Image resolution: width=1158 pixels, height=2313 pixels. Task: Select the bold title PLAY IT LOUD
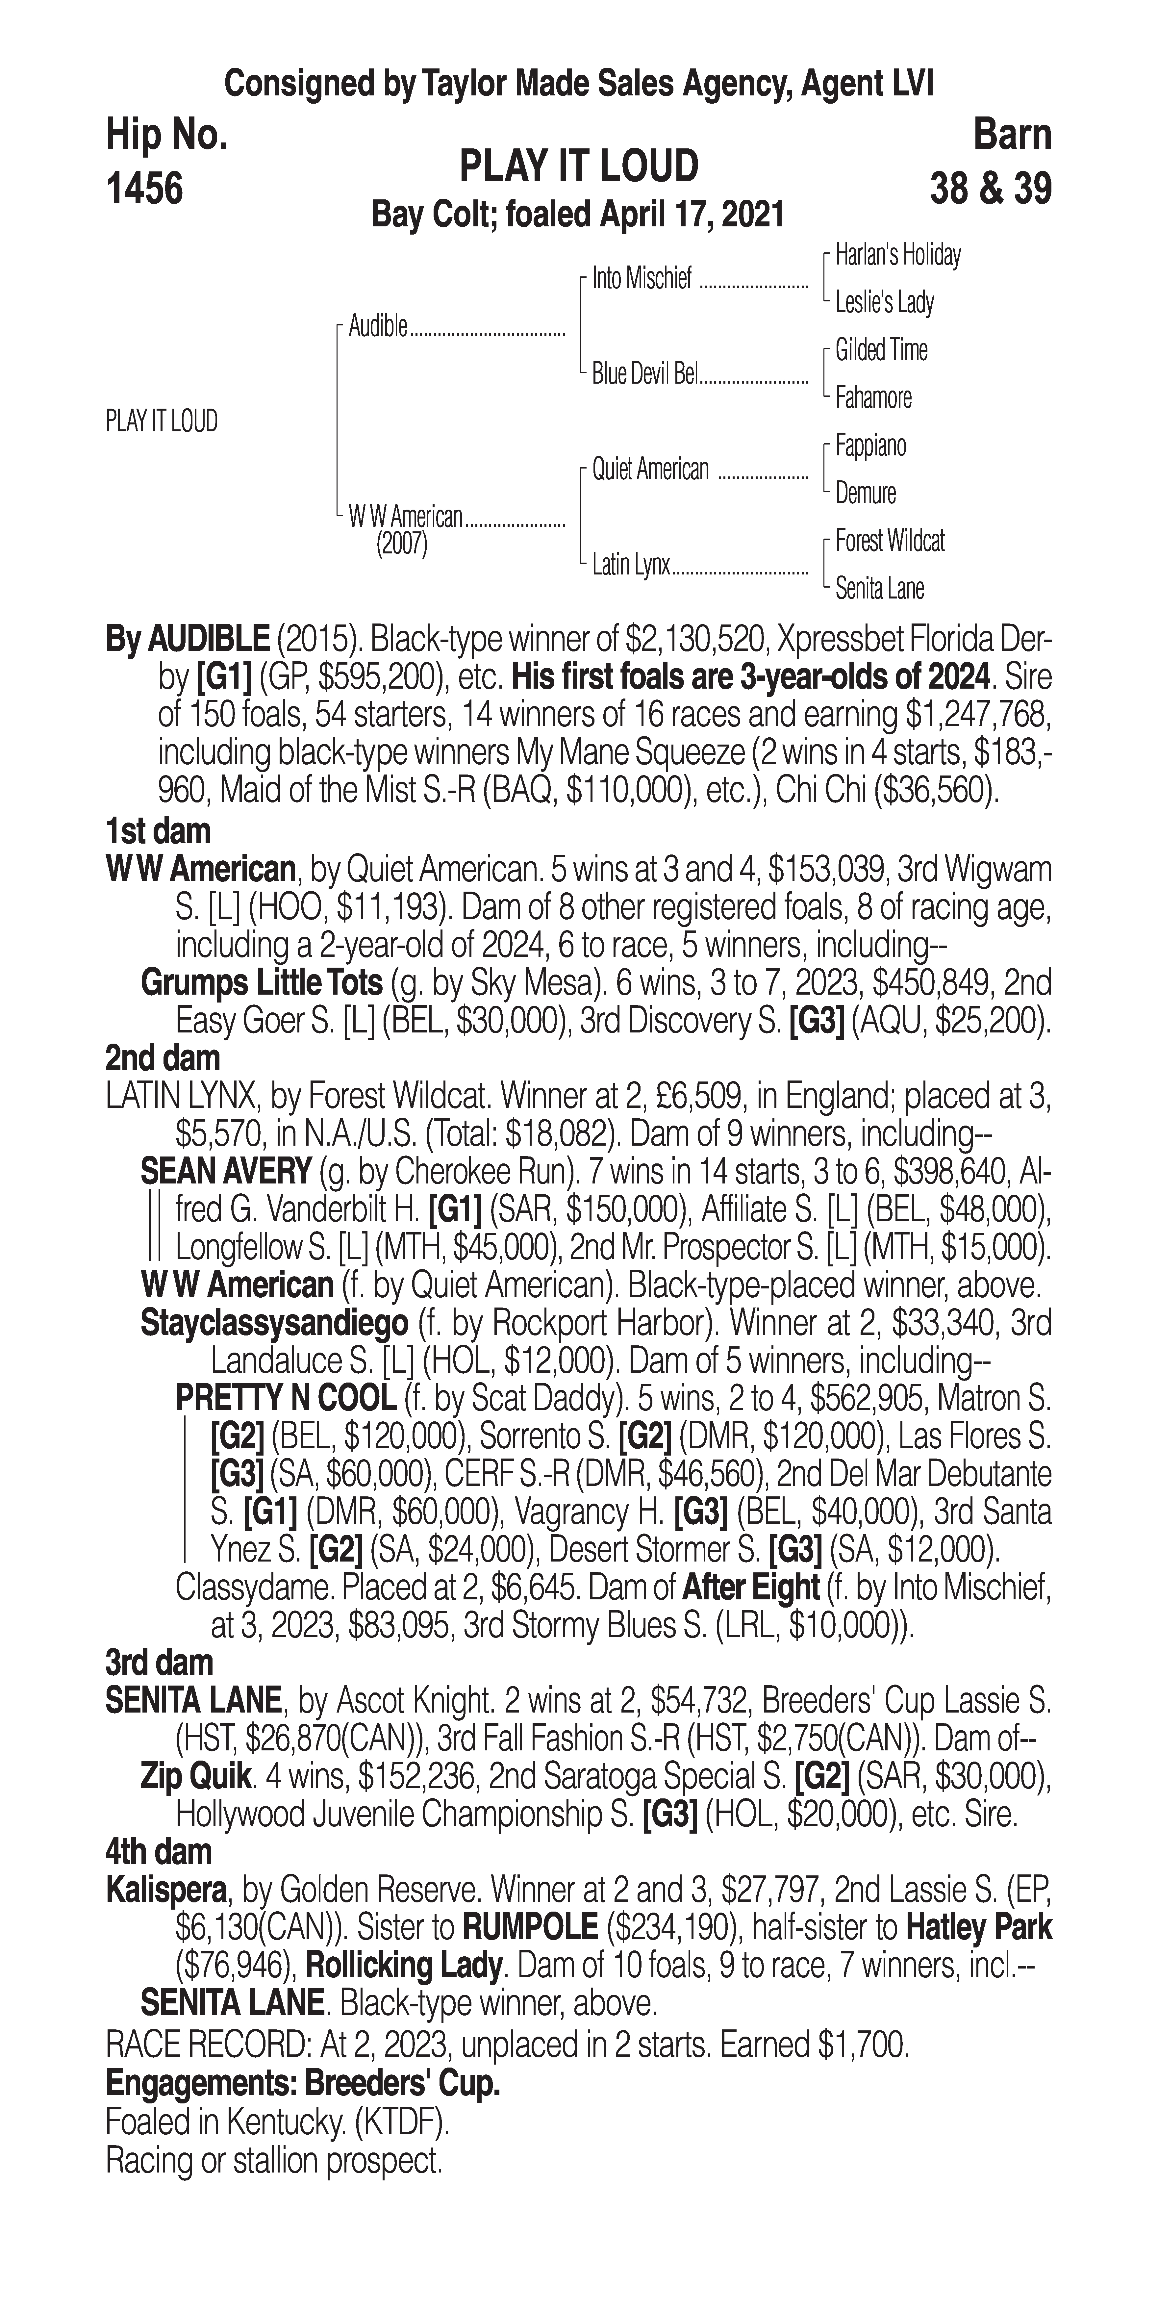579,167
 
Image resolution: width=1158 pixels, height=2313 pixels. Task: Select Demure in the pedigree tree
865,493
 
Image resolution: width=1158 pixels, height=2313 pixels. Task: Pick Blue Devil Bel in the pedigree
644,374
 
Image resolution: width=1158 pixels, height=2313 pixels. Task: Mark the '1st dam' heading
158,831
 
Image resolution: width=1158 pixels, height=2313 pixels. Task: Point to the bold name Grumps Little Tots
261,983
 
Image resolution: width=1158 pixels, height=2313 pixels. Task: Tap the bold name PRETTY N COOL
286,1398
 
